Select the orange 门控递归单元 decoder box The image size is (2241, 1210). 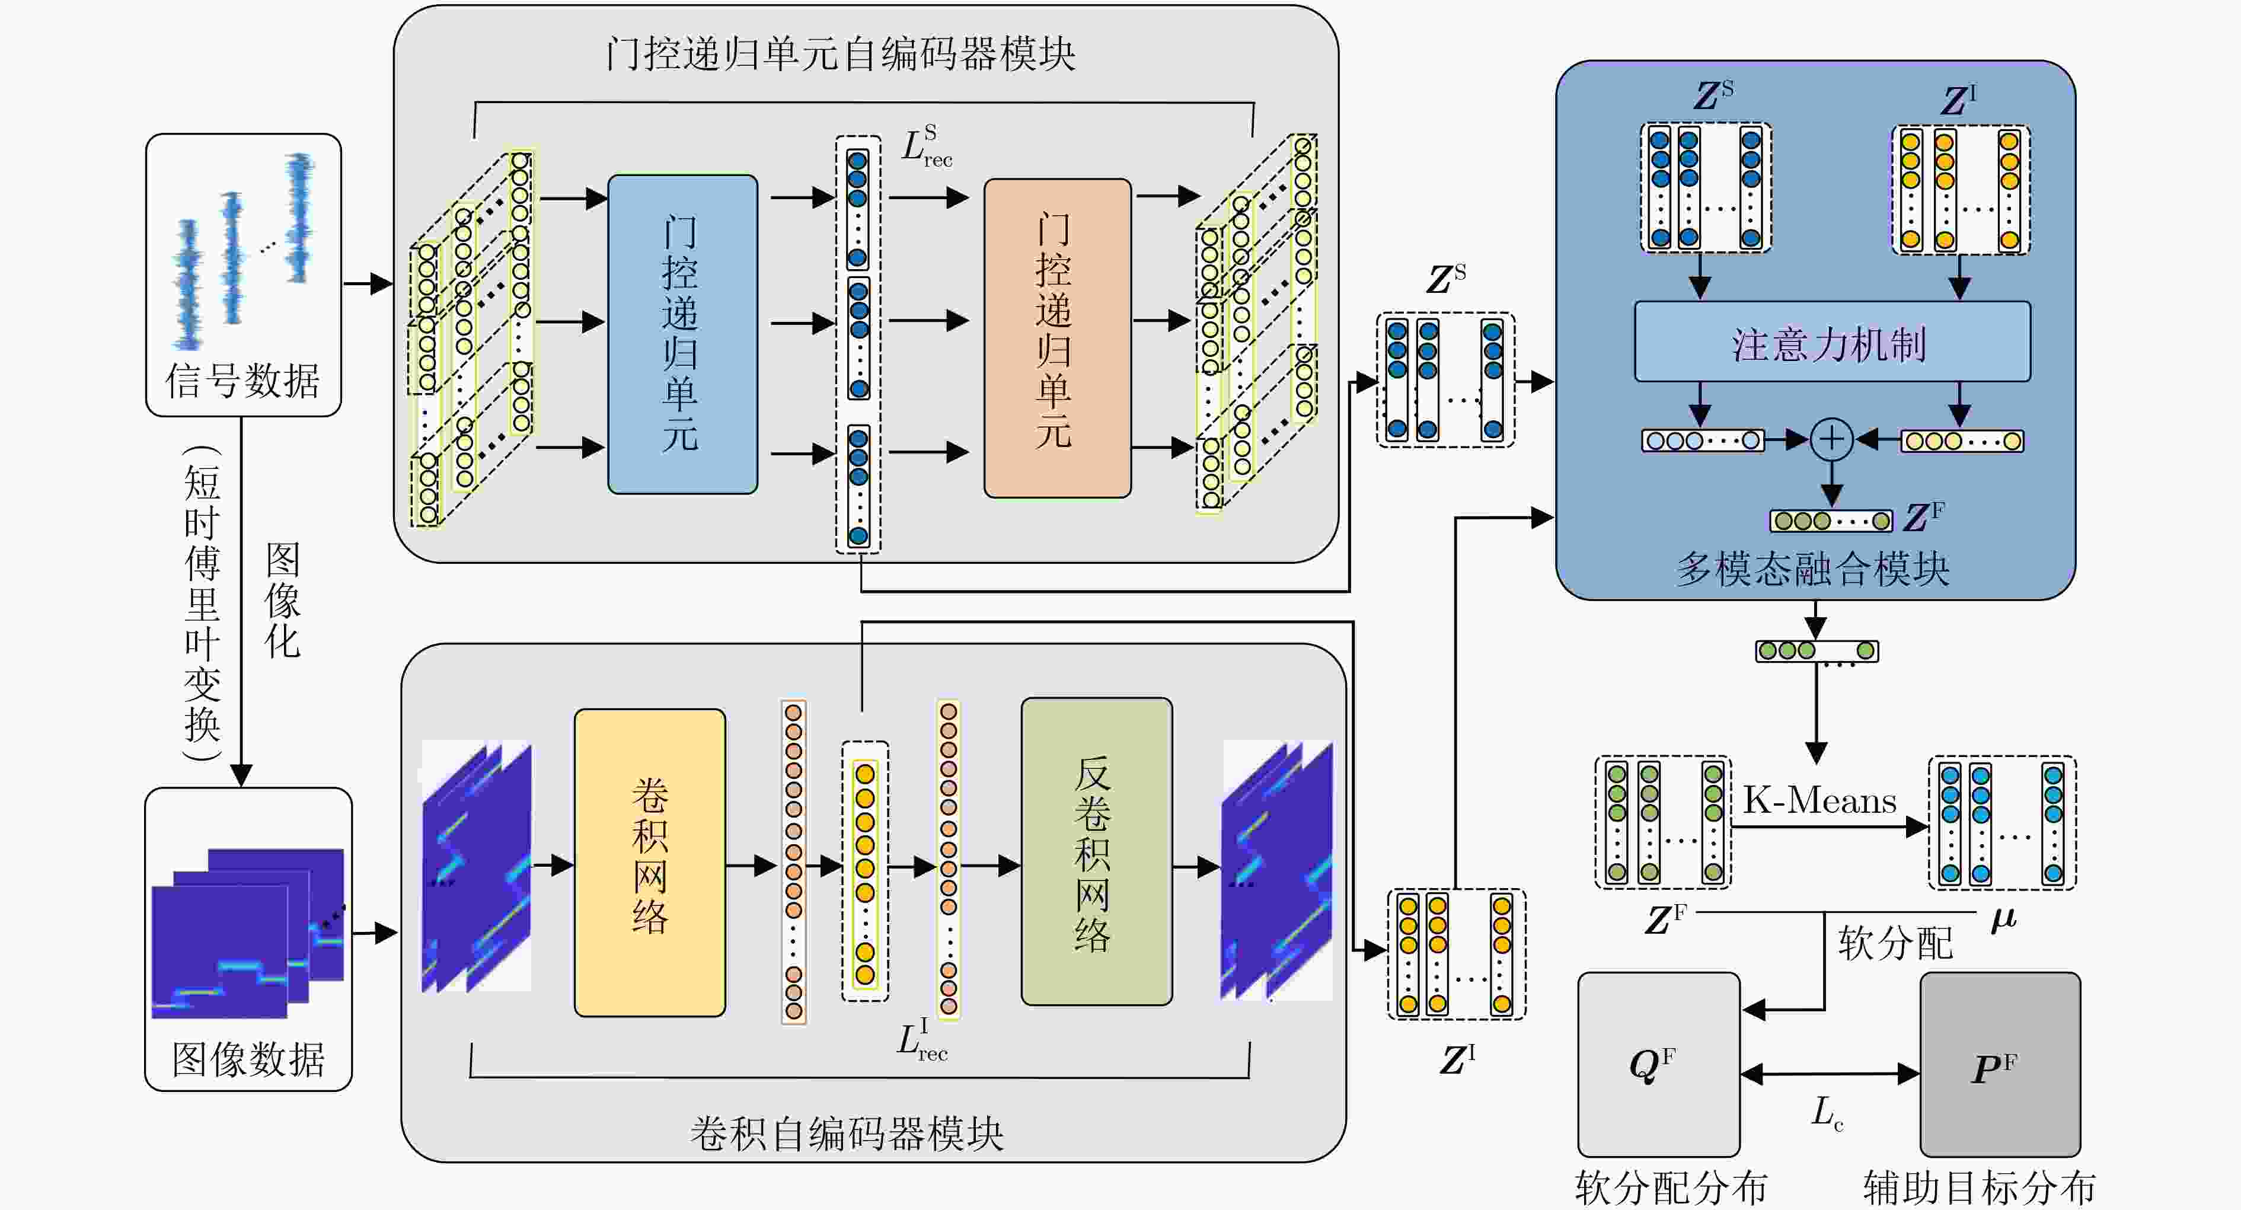coord(1057,339)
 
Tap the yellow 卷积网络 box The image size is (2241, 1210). coord(650,862)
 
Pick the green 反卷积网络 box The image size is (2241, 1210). coord(1096,851)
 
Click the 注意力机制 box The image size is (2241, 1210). coord(1832,342)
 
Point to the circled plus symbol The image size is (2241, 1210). coord(1831,439)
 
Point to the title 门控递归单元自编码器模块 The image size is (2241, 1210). coord(841,54)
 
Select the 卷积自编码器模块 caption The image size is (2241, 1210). coord(847,1134)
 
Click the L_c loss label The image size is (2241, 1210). coord(1827,1113)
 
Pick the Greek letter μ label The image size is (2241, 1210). coord(2003,918)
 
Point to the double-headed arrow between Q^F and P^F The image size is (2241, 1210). coord(1830,1074)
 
